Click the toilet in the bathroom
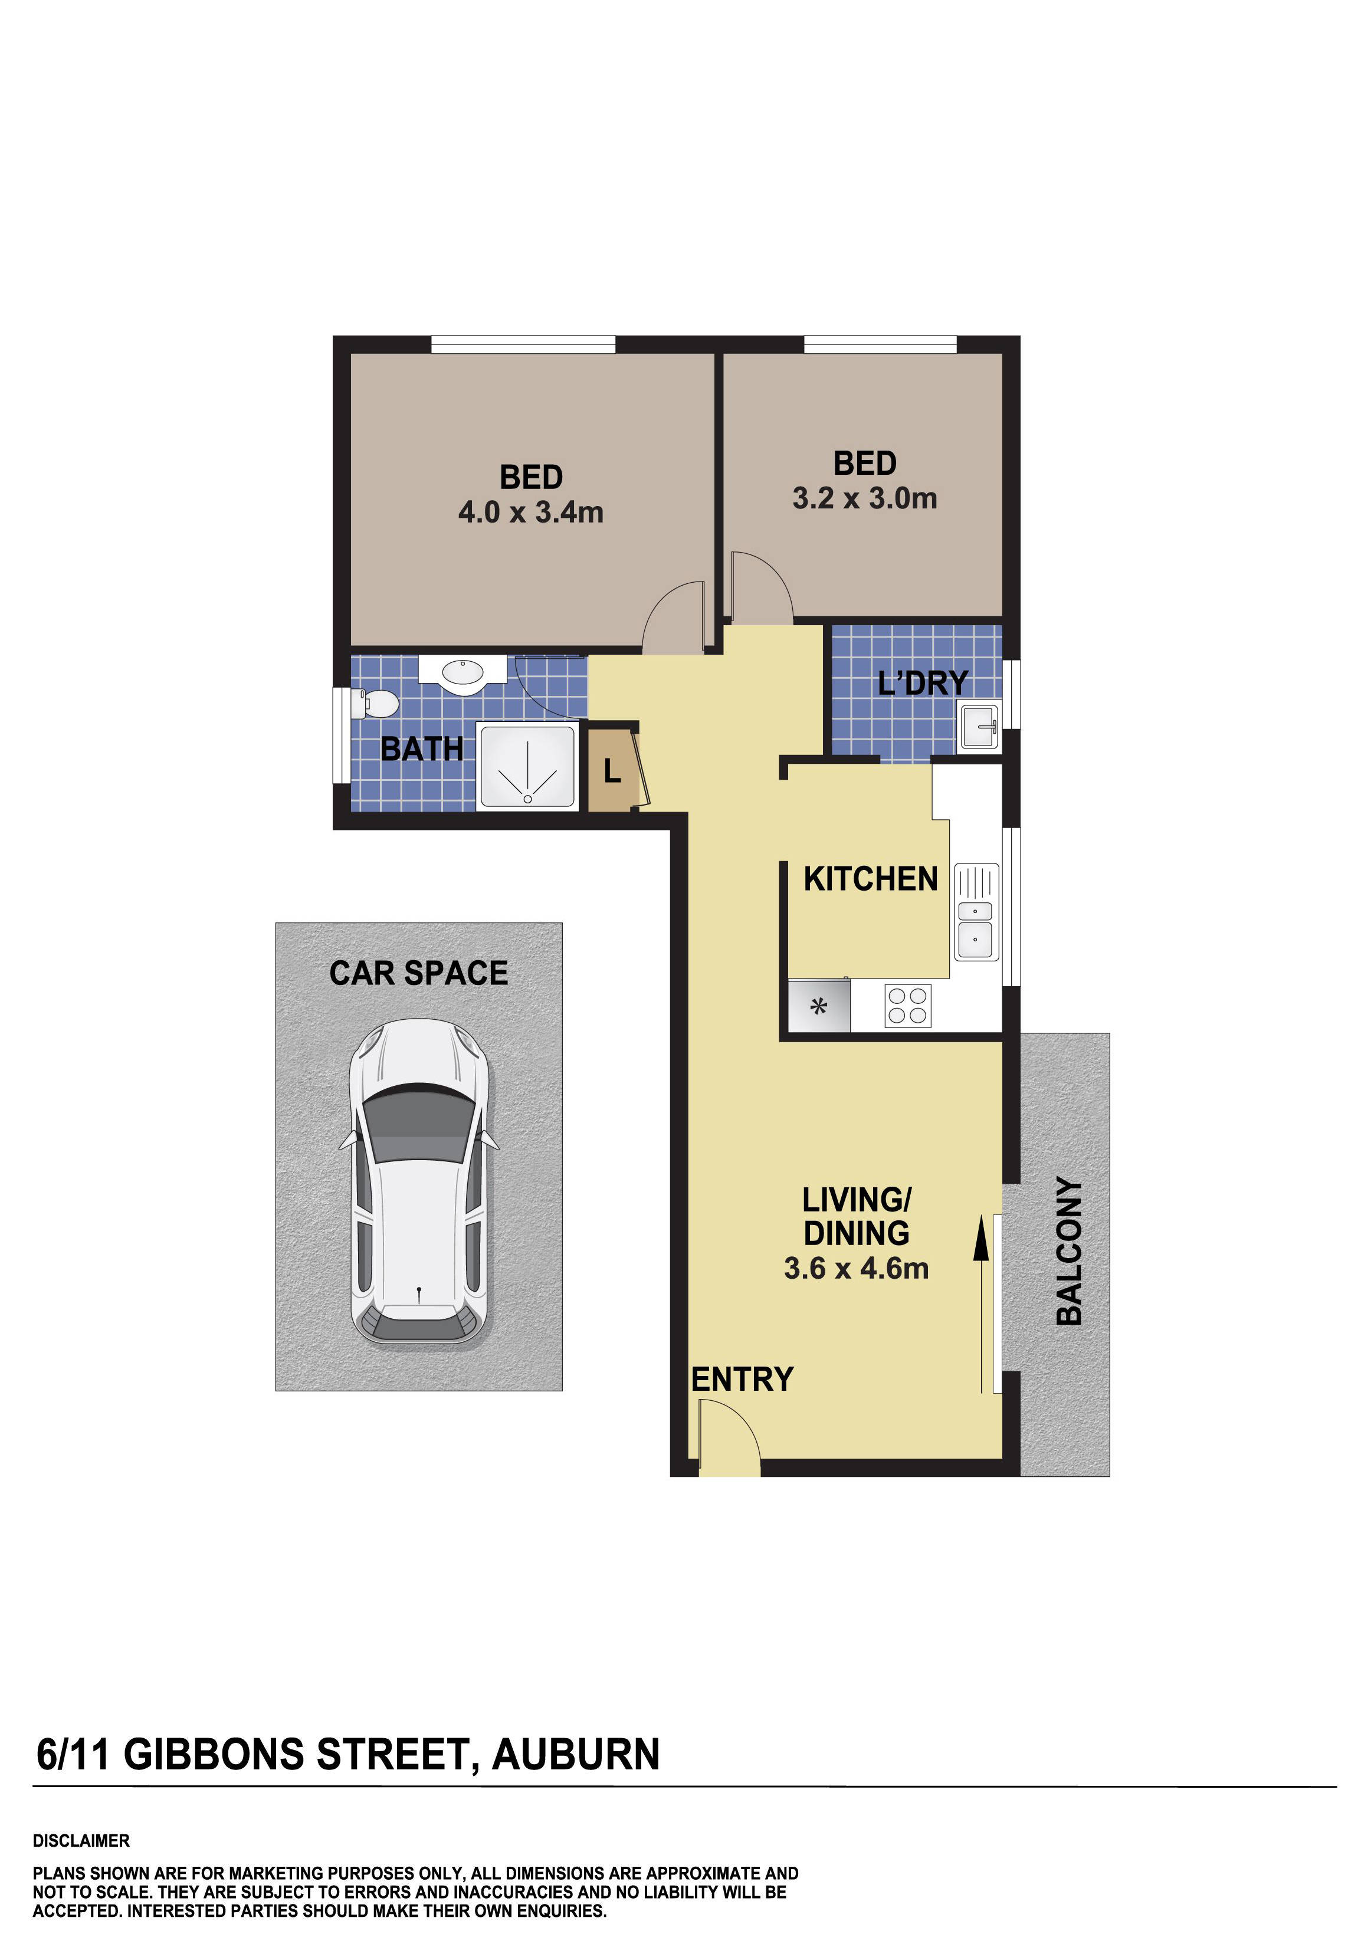tap(378, 704)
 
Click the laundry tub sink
tap(980, 726)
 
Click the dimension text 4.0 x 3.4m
tap(530, 513)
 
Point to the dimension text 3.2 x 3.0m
tap(865, 498)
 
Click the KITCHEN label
tap(871, 879)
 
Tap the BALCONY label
tap(1069, 1250)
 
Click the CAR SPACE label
tap(419, 973)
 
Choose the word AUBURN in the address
tap(576, 1754)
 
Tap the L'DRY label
tap(923, 683)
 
